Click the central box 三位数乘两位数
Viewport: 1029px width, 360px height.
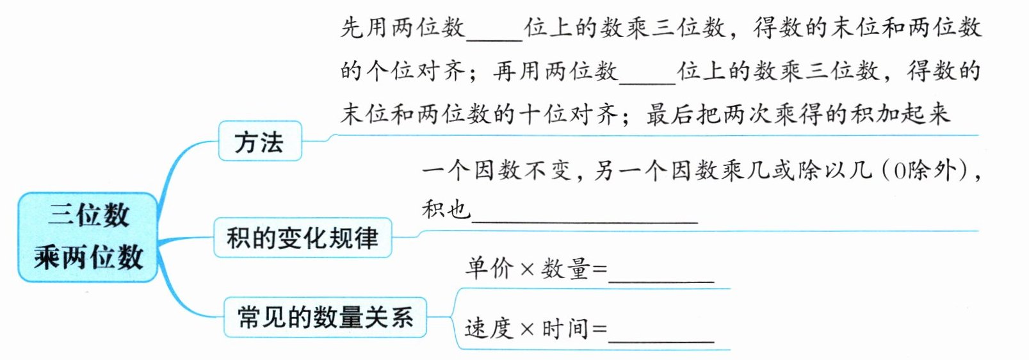pos(88,236)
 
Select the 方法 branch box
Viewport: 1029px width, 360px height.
pos(259,142)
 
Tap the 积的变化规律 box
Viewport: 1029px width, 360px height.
pos(302,238)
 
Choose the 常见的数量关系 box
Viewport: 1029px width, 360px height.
pos(325,317)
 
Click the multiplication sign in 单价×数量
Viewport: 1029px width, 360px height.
pos(527,270)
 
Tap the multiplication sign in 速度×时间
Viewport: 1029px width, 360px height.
pos(527,330)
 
